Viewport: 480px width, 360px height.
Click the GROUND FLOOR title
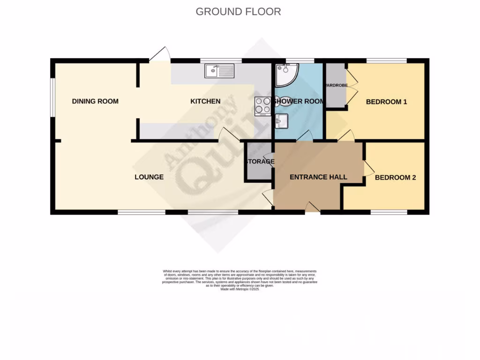238,12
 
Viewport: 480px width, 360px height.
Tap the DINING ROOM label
95,101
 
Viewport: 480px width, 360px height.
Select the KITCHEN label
205,101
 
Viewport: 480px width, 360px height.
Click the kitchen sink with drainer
219,71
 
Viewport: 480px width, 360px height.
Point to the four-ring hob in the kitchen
262,106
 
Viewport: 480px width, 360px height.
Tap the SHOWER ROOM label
299,101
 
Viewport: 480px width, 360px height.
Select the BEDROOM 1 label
386,102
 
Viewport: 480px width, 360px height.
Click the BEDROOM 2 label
395,178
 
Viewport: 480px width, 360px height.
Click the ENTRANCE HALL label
318,177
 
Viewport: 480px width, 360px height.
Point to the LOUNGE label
149,177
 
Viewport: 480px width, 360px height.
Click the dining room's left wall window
53,97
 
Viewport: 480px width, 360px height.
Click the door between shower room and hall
305,136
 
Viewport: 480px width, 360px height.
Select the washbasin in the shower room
282,121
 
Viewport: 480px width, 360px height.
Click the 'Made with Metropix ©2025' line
240,290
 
